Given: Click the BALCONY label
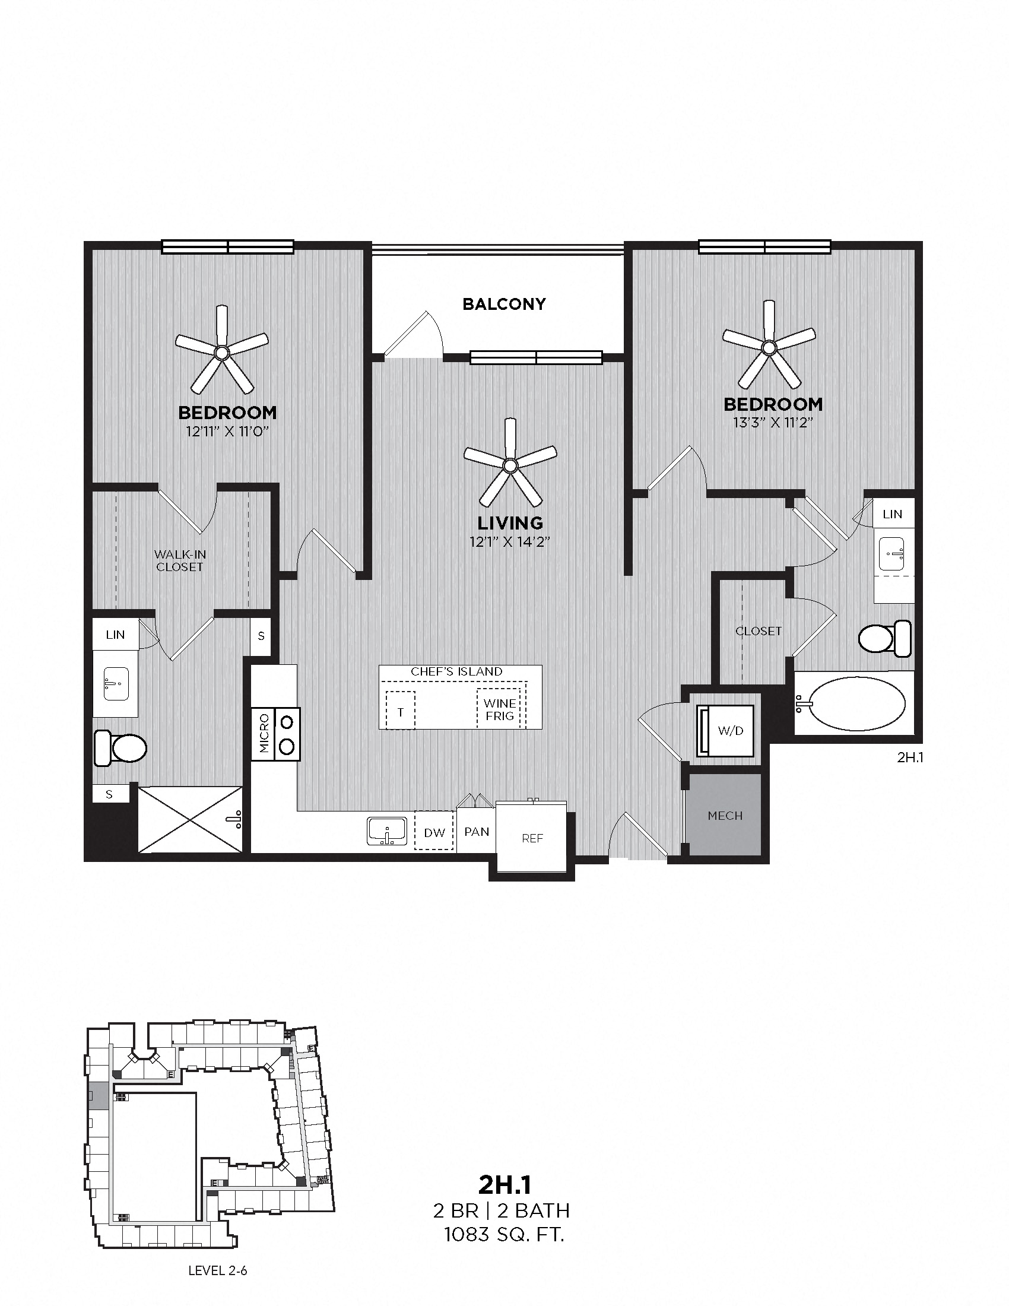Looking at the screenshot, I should tap(504, 304).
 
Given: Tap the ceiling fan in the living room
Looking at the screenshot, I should tap(510, 465).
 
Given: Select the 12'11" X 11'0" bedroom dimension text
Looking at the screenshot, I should tap(227, 431).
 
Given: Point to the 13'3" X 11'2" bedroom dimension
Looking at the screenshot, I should tap(773, 423).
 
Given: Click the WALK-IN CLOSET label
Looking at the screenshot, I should tap(179, 561).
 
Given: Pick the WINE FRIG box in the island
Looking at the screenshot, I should tap(500, 709).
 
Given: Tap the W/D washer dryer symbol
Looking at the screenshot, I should tap(725, 731).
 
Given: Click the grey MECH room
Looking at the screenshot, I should tap(725, 815).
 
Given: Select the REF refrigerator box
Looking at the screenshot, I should tap(532, 838).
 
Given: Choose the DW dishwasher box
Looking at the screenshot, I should tap(434, 832).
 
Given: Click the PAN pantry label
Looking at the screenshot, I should tap(477, 831).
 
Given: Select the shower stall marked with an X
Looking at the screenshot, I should tap(190, 819).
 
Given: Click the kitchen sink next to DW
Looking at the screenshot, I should tap(387, 831).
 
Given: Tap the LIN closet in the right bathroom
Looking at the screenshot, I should tap(892, 513).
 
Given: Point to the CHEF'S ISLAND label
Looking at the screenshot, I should tap(456, 671).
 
